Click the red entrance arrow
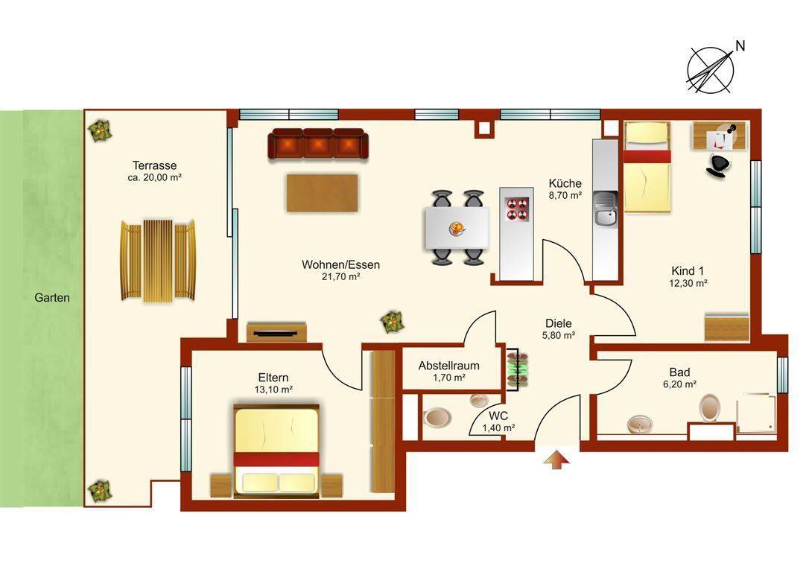(556, 460)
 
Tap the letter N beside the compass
(740, 46)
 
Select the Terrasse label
(154, 165)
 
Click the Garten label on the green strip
(51, 298)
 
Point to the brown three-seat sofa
(318, 143)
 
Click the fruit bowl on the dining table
(457, 228)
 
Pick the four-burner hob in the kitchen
(517, 209)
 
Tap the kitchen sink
(605, 209)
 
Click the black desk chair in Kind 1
(718, 164)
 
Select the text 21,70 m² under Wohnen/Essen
(340, 277)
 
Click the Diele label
(558, 323)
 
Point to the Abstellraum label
(448, 366)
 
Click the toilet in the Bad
(710, 407)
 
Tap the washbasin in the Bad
(640, 425)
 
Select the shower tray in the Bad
(756, 413)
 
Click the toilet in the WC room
(437, 417)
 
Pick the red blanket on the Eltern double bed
(276, 459)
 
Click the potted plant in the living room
(392, 322)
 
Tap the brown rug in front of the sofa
(322, 193)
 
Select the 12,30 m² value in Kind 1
(688, 283)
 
